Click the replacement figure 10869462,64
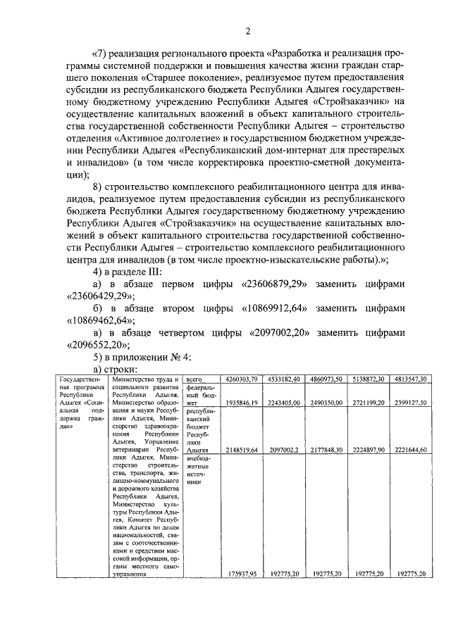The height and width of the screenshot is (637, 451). [97, 322]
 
